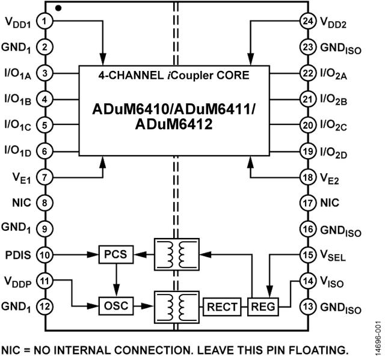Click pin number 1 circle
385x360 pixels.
[x=45, y=21]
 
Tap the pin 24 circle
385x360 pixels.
[x=308, y=21]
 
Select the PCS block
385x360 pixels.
[x=116, y=255]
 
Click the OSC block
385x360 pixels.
[x=116, y=306]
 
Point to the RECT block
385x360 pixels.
[x=222, y=307]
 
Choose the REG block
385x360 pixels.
[x=263, y=307]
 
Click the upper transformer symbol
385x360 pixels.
[x=176, y=255]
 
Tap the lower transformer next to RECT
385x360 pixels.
[x=176, y=307]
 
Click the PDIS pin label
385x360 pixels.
[x=19, y=255]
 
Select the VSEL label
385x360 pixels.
[x=333, y=256]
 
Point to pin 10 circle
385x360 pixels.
[x=45, y=255]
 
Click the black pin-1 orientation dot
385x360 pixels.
[x=58, y=8]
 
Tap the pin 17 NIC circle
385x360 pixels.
[x=308, y=203]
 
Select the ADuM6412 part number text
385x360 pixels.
[x=174, y=124]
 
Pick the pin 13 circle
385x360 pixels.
[x=308, y=307]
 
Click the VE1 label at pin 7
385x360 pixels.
[x=22, y=178]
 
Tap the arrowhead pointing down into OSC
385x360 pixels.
[x=116, y=291]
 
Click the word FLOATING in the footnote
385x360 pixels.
[x=317, y=350]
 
